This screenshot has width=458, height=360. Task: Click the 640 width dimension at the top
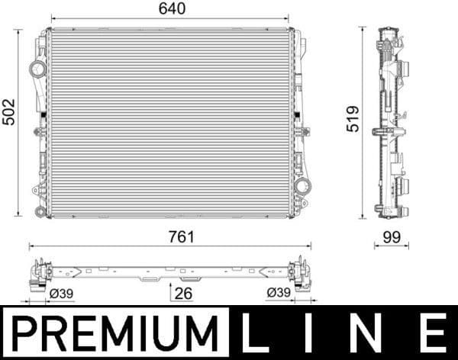(x=169, y=10)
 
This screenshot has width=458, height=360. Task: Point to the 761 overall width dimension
(x=169, y=237)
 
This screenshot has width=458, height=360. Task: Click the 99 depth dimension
(x=391, y=237)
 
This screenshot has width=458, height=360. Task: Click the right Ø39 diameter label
(x=278, y=293)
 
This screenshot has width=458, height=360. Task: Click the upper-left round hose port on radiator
(x=37, y=69)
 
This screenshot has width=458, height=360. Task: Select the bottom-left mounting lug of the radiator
(x=38, y=190)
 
